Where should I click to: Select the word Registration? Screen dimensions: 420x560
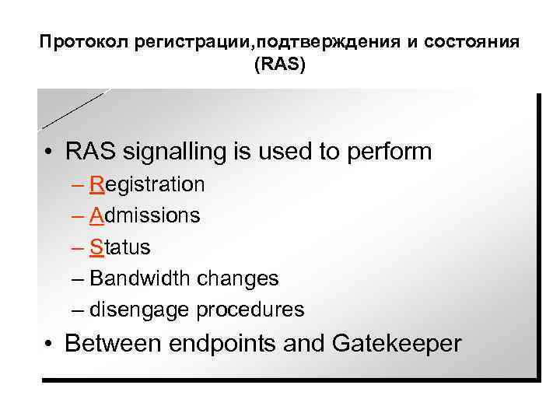tap(147, 184)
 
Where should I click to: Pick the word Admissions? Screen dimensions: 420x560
tap(145, 215)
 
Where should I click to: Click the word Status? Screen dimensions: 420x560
tap(120, 247)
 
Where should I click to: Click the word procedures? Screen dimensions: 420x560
tap(250, 310)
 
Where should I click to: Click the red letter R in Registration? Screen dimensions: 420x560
tap(97, 184)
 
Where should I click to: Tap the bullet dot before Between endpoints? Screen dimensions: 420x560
tap(50, 344)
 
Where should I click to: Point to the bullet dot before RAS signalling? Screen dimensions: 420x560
tap(50, 152)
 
